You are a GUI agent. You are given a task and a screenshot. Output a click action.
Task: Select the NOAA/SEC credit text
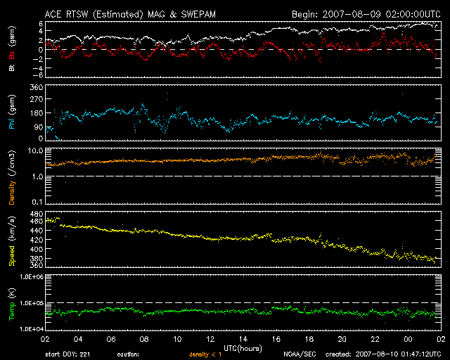tap(298, 354)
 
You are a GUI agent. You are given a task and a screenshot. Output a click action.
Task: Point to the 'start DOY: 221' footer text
tap(67, 354)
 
